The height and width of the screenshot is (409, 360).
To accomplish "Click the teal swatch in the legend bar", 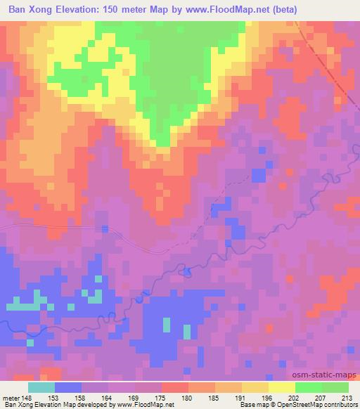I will coord(41,388).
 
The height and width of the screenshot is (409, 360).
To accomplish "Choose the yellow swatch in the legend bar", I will coord(282,388).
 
